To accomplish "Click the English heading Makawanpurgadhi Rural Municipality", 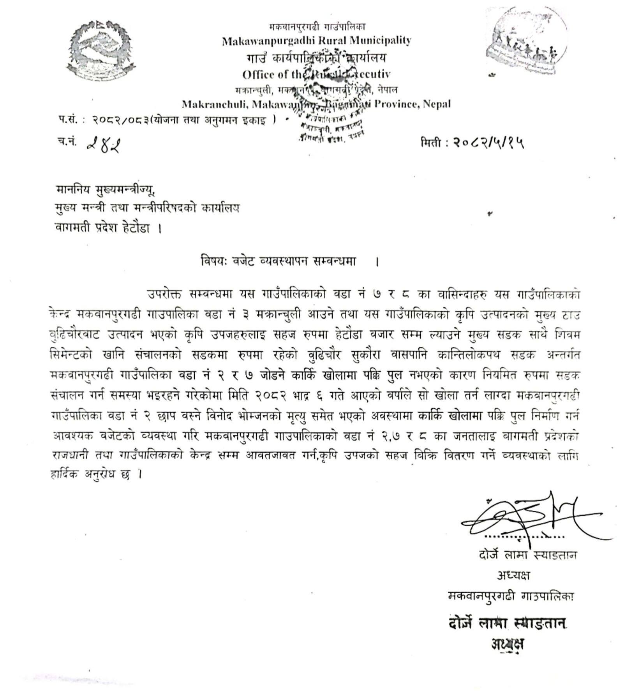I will click(x=316, y=41).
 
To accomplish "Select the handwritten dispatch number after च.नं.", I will click(x=103, y=145).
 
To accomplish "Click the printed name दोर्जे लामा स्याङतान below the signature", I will click(x=527, y=555).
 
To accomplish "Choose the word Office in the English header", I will click(x=258, y=74).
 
